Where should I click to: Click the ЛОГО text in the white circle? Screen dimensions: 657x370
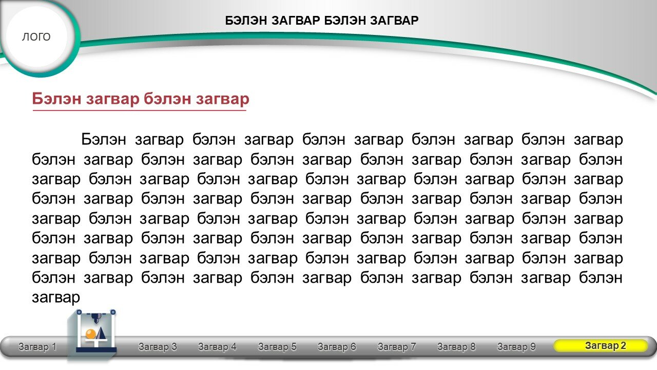pos(36,36)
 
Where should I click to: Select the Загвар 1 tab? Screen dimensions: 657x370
pos(37,347)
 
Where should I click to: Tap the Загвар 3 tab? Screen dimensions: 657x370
pos(158,347)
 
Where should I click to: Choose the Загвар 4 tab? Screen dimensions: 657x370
pos(217,347)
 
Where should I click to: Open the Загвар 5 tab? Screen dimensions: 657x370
pos(277,347)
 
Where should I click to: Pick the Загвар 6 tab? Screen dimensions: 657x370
pos(337,347)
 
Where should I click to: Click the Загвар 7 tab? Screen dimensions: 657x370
pos(397,347)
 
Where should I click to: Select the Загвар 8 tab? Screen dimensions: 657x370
pos(456,347)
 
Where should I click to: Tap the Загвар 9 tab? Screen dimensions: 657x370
pos(516,347)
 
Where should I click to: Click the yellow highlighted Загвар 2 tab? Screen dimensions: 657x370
pos(601,346)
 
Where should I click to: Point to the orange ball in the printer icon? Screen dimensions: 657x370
pos(91,334)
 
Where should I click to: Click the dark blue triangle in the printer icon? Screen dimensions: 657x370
pos(101,332)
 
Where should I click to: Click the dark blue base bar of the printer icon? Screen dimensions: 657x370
pos(96,349)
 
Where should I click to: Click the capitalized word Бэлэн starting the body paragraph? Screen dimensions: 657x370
pos(104,139)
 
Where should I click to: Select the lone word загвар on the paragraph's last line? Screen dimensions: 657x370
pos(56,298)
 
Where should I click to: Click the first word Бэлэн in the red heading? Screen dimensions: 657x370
pos(56,99)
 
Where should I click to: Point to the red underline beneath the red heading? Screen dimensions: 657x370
pos(139,110)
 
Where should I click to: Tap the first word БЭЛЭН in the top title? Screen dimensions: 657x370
pos(246,21)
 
